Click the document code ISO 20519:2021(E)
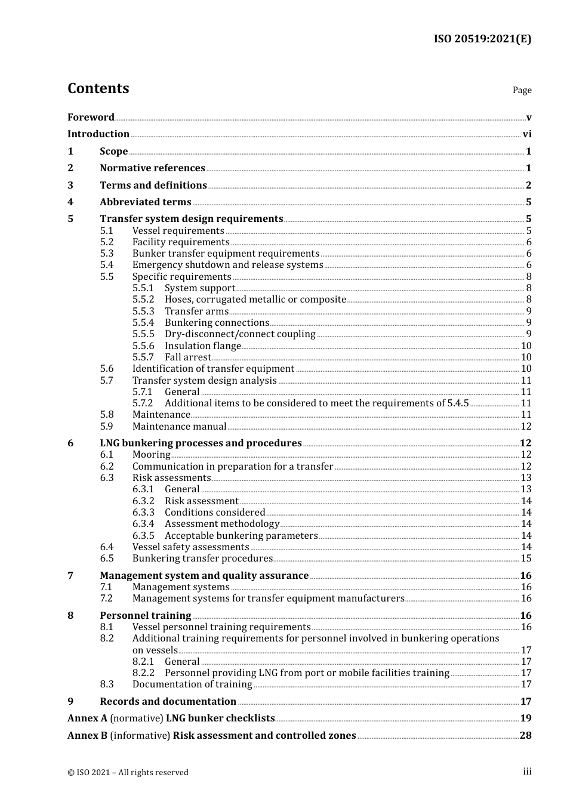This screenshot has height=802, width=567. pos(482,39)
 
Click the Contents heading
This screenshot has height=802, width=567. pos(98,88)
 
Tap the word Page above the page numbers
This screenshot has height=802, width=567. pos(522,90)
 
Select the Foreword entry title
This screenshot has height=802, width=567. pos(91,117)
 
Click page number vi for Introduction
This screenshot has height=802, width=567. pos(527,134)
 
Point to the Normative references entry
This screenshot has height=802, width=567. pos(152,168)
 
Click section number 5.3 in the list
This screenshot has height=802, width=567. pos(106,254)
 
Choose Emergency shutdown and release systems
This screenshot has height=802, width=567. pos(227,265)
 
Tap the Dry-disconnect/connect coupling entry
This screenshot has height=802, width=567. pos(240,334)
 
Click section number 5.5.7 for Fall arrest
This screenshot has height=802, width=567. pos(143,357)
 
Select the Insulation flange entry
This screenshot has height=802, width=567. pos(202,346)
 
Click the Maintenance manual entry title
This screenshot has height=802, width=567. pos(179,427)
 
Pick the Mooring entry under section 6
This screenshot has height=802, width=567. pos(151,455)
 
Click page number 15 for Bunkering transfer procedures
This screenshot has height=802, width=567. pos(526,559)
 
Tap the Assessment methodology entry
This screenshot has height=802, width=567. pos(221,524)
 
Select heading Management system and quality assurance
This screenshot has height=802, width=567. pos(204,576)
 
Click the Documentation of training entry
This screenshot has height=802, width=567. pos(192,684)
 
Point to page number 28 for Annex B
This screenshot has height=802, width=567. pos(525,736)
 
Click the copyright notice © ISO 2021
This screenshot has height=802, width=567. pos(128,773)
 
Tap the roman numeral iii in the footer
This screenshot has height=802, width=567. pos(527,772)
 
